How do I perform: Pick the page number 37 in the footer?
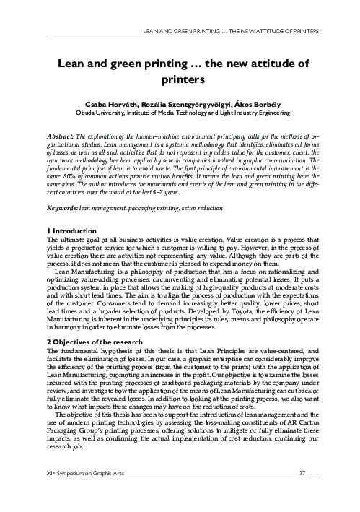click(304, 493)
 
